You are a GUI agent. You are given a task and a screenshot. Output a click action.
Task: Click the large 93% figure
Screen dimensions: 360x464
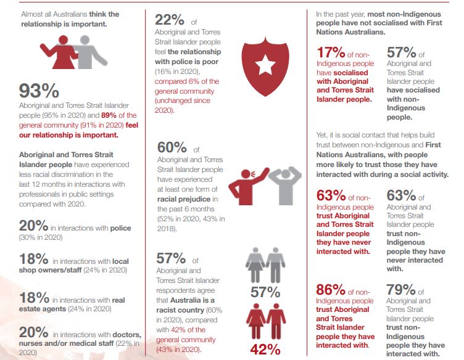(x=39, y=91)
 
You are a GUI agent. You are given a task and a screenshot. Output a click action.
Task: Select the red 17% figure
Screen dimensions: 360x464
(x=330, y=54)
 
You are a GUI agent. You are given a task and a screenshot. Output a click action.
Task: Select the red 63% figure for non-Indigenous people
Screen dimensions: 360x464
(x=330, y=196)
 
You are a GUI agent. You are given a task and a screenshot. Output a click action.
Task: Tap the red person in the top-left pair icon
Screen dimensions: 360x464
(x=64, y=52)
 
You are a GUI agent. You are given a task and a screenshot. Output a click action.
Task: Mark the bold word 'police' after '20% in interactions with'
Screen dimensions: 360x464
(x=120, y=229)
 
